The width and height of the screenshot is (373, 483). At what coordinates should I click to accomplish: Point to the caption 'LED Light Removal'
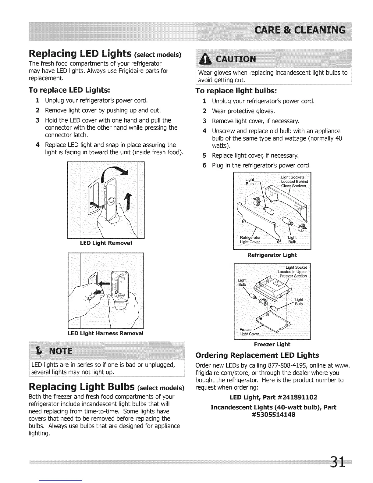click(106, 243)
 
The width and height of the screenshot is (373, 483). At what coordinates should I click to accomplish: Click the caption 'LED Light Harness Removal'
click(105, 333)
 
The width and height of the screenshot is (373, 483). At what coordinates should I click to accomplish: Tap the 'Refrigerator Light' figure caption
click(272, 255)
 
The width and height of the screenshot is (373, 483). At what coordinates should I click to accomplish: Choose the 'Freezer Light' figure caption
click(272, 345)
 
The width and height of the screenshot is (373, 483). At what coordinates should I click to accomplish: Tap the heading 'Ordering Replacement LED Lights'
click(257, 356)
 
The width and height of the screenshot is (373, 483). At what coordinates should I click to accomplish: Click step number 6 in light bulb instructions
click(205, 166)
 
